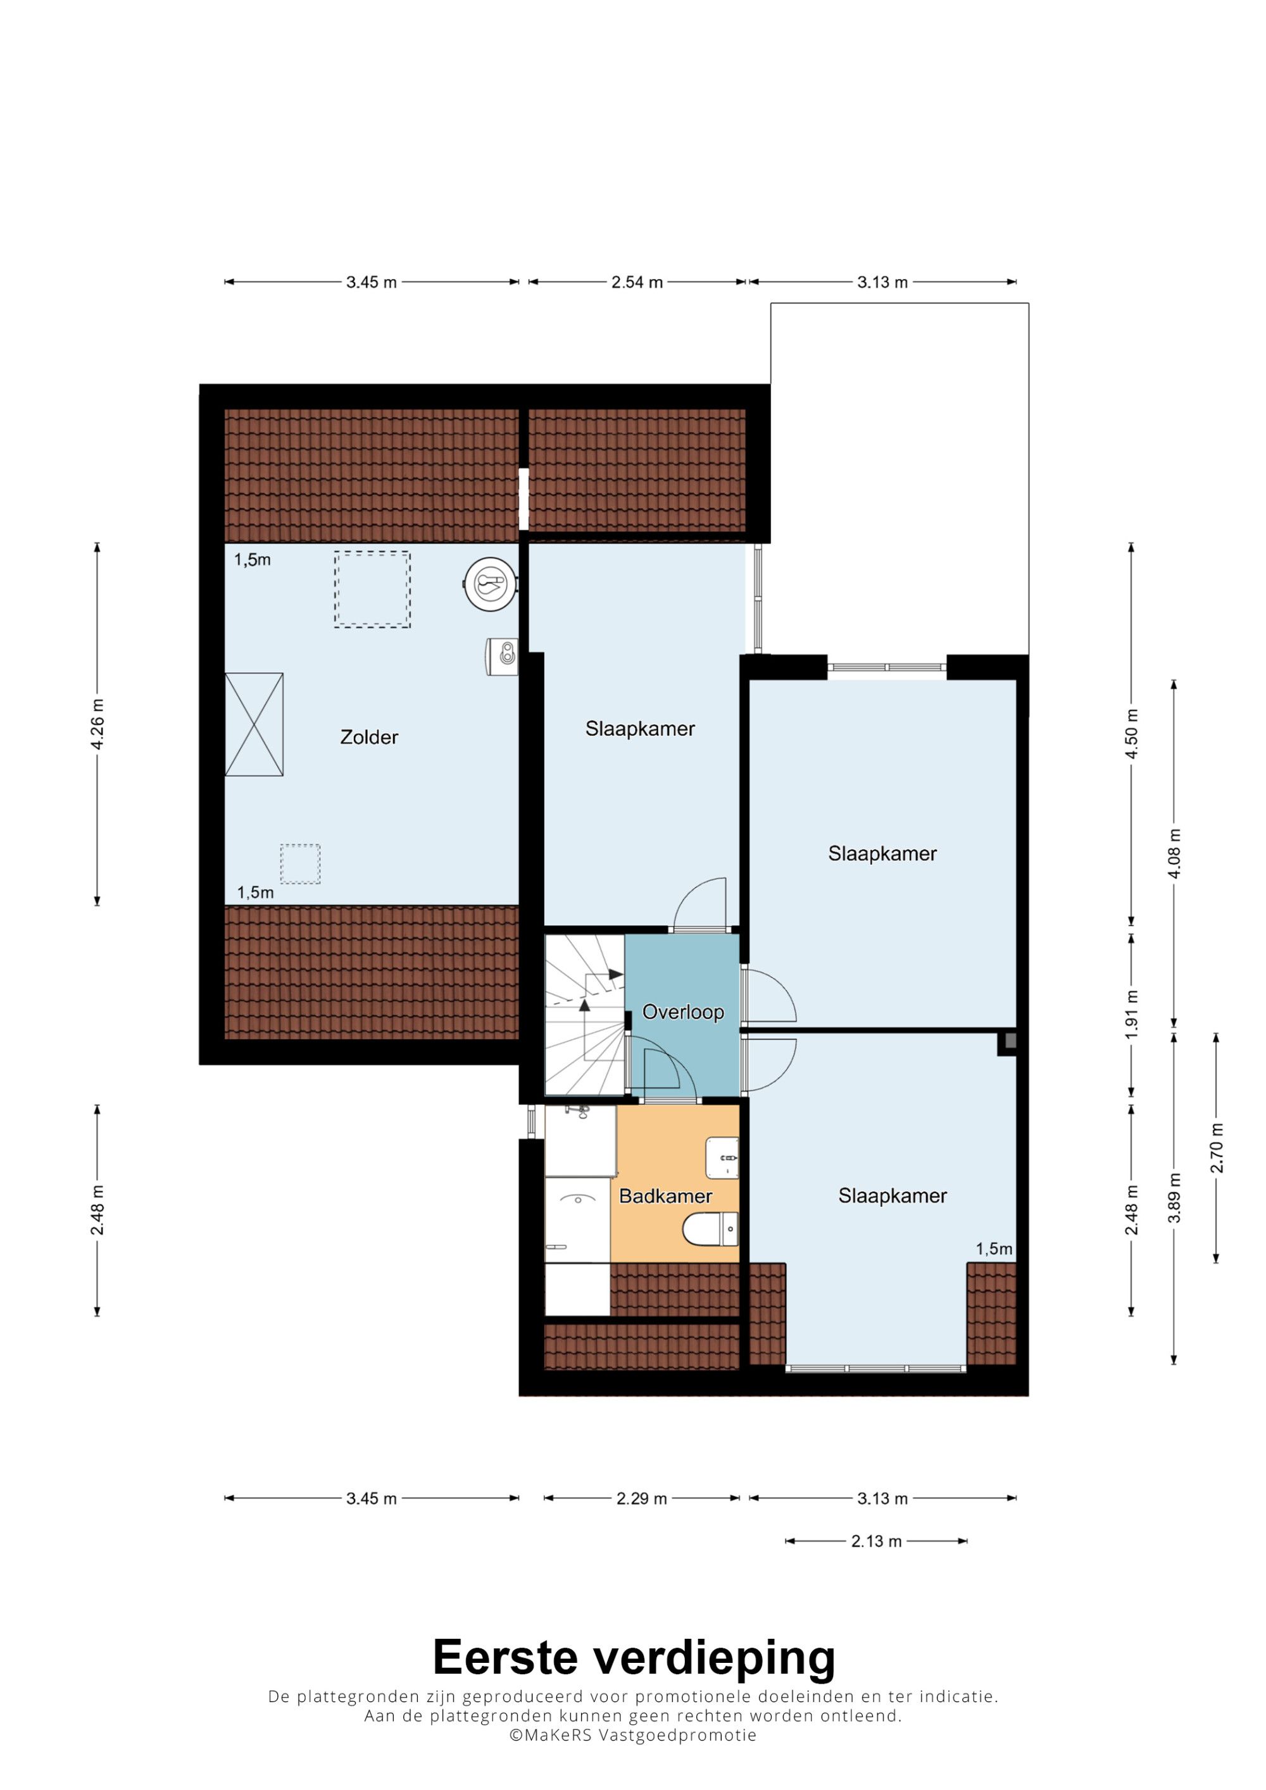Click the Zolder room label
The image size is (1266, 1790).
click(x=369, y=737)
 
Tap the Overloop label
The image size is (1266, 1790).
click(x=683, y=1012)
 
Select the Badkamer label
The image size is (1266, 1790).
click(x=665, y=1196)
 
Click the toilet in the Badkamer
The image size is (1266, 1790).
click(x=710, y=1230)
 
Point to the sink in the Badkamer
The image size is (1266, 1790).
click(x=722, y=1157)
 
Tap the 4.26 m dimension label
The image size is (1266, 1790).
click(x=97, y=724)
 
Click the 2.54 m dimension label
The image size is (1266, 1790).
click(x=637, y=282)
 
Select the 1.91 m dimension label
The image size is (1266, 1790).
click(x=1131, y=1013)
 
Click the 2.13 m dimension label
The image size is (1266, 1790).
click(x=877, y=1541)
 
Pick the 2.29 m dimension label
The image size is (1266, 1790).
click(x=642, y=1498)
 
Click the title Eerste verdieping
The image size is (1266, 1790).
click(x=634, y=1657)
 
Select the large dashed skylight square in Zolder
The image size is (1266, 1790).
click(x=373, y=589)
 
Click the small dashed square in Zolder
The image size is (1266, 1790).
click(x=300, y=864)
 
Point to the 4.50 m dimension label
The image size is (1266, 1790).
click(x=1131, y=733)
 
